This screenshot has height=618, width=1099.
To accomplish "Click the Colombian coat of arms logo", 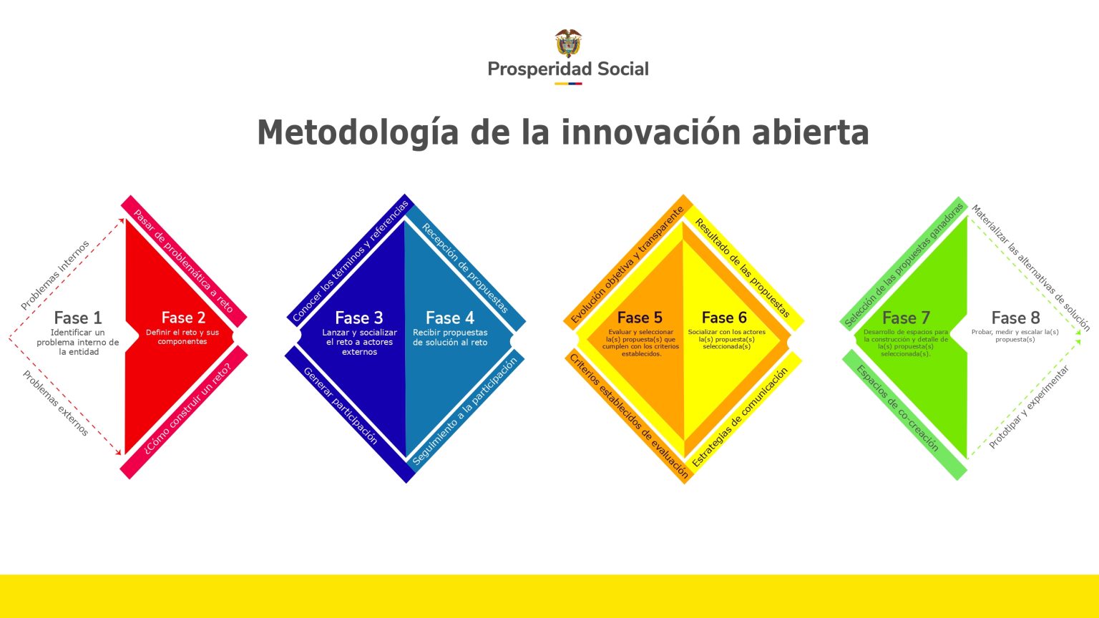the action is (x=568, y=43).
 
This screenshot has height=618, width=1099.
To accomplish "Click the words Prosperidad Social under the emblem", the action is (x=568, y=69).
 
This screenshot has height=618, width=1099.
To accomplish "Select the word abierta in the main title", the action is (x=810, y=132).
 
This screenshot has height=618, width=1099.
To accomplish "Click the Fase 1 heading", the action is (x=78, y=318).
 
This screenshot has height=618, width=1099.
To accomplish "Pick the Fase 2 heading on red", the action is (x=183, y=318).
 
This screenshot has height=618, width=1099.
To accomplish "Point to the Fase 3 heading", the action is (x=358, y=318).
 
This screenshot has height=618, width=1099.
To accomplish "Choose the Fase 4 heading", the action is (x=450, y=318).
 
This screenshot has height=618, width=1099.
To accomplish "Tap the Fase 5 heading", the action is (x=640, y=318).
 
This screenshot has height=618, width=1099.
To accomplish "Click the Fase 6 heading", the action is (x=724, y=318).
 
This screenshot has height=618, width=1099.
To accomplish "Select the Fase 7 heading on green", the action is (x=906, y=318).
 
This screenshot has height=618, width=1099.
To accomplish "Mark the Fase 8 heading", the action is (x=1015, y=318).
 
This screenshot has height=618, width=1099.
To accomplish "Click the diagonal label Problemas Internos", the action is (x=55, y=275).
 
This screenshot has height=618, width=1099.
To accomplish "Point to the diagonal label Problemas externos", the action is (x=55, y=403).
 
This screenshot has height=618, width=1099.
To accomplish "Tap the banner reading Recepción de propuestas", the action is (x=465, y=268).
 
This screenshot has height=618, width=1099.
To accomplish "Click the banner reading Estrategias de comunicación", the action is (x=740, y=417).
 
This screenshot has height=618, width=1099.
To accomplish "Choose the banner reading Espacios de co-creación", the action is (x=898, y=408).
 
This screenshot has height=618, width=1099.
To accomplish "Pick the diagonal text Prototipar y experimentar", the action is (x=1029, y=407).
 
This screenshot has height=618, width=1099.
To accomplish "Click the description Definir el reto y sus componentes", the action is (x=182, y=337).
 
